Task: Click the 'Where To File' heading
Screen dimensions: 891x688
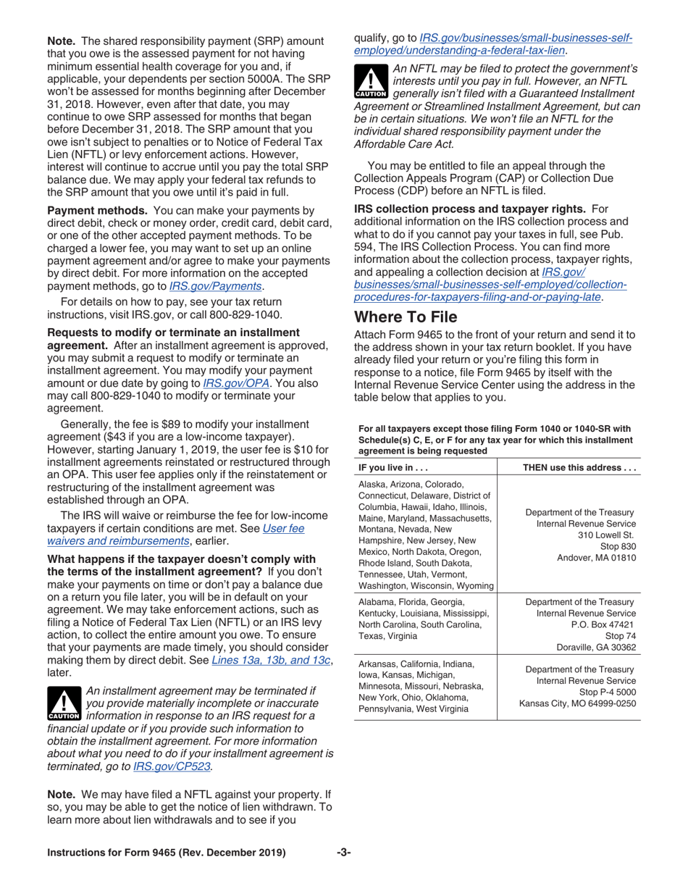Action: point(406,317)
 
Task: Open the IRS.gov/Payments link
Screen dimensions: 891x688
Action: point(216,286)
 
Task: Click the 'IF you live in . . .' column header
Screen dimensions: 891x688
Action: point(388,467)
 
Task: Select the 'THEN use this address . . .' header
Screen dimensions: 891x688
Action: point(579,467)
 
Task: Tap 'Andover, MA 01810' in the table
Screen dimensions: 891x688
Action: point(596,558)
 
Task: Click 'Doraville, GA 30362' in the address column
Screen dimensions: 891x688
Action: point(595,648)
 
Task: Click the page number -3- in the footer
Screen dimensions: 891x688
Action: point(344,853)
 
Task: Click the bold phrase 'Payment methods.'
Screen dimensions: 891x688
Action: point(98,211)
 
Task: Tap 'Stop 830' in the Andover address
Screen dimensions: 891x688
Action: point(618,546)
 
